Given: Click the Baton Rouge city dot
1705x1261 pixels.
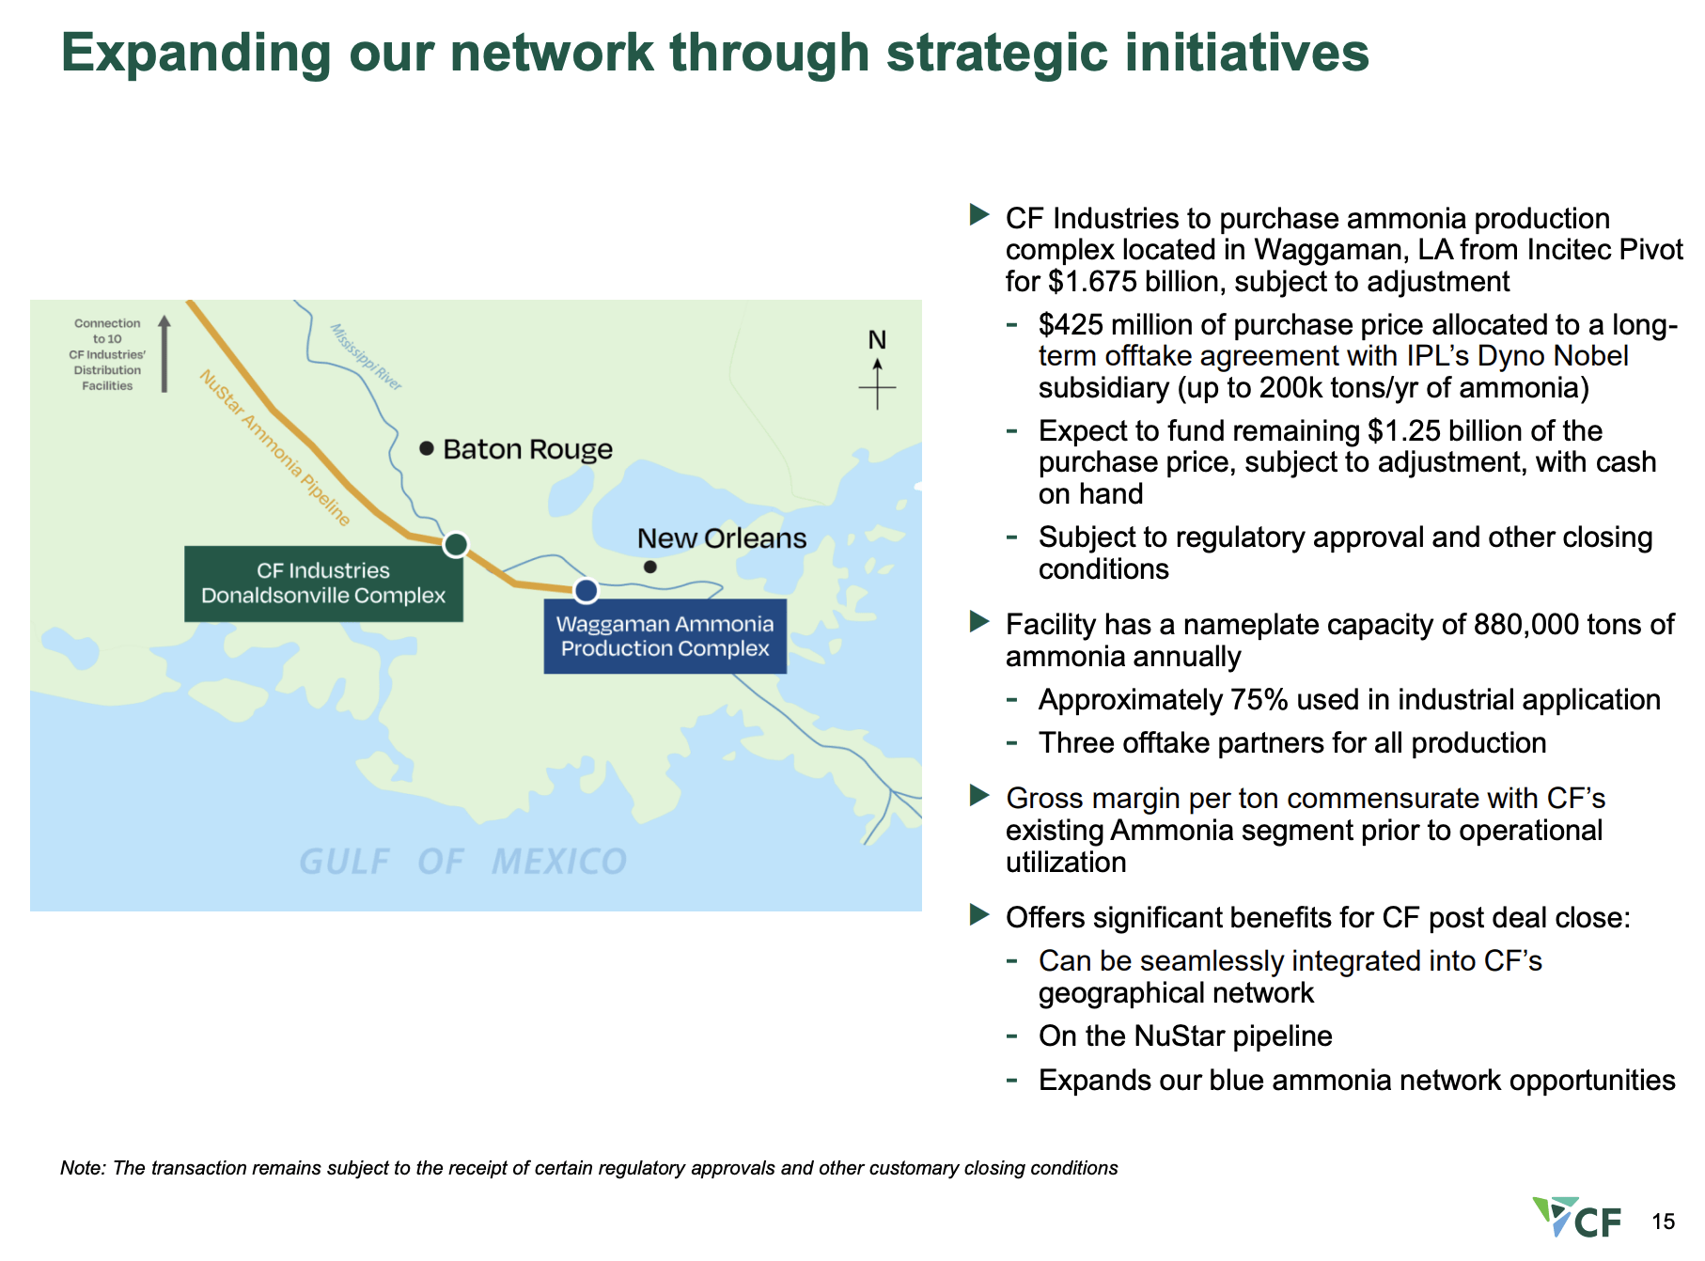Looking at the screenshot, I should pyautogui.click(x=427, y=448).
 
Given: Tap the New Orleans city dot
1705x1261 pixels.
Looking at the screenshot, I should pyautogui.click(x=649, y=567).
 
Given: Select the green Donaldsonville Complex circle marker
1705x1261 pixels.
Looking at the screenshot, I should pyautogui.click(x=456, y=544).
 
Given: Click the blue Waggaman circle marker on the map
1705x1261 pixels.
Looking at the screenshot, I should pyautogui.click(x=586, y=590).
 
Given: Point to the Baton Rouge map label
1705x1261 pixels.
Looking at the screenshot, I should pyautogui.click(x=527, y=449).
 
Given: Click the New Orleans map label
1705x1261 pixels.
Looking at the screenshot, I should pyautogui.click(x=721, y=538).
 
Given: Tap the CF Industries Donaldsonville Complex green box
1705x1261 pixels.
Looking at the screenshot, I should pyautogui.click(x=323, y=584).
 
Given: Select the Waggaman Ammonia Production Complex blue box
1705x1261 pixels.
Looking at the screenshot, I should pyautogui.click(x=665, y=636).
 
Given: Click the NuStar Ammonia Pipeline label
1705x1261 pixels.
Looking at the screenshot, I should pyautogui.click(x=274, y=446).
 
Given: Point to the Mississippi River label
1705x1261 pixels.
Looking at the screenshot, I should pyautogui.click(x=366, y=357).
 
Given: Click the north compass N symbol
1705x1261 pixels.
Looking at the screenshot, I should pyautogui.click(x=877, y=340).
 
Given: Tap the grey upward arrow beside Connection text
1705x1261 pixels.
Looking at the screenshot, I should pyautogui.click(x=164, y=353).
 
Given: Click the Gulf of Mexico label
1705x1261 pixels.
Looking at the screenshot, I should pyautogui.click(x=462, y=862).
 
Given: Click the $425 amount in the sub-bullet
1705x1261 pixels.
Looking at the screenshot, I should pyautogui.click(x=1069, y=325).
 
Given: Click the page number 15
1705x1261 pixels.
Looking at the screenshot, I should pyautogui.click(x=1663, y=1222).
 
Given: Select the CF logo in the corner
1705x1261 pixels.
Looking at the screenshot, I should pyautogui.click(x=1577, y=1218).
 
